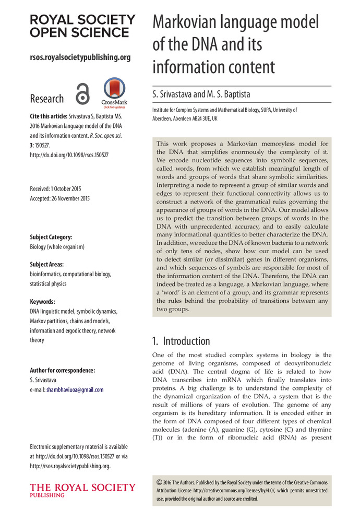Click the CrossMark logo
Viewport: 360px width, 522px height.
[x=115, y=92]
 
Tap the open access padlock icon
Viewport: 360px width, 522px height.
[x=82, y=94]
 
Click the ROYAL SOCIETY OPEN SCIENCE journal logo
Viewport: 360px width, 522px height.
[x=82, y=26]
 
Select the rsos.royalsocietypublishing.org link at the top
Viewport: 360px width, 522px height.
[x=80, y=57]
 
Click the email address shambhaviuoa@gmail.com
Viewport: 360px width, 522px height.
[x=75, y=389]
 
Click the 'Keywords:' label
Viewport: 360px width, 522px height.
[x=43, y=302]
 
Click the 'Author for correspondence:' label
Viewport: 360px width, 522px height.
[x=63, y=370]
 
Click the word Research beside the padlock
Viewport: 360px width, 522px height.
[x=47, y=99]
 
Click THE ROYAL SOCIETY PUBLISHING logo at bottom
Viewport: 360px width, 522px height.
[x=82, y=490]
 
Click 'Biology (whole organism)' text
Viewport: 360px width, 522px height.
[x=57, y=246]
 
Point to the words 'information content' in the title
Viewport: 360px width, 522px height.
[x=213, y=67]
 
